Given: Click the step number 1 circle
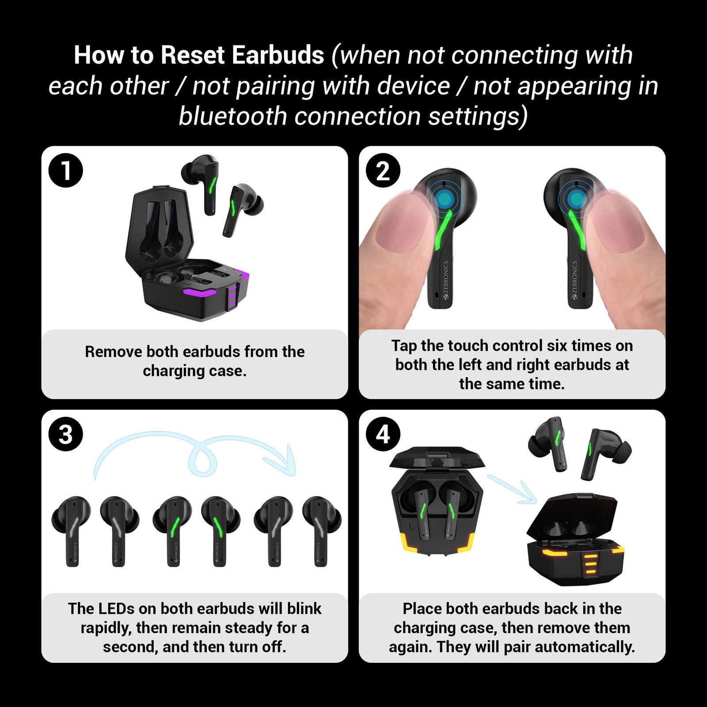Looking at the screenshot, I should pos(66,171).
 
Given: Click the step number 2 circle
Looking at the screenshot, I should pos(383,171).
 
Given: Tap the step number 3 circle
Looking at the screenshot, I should pos(66,434).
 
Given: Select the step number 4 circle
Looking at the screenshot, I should pos(383,434).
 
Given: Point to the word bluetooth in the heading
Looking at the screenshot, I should pos(233,116).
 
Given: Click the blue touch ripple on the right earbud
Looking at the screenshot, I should pos(575,199).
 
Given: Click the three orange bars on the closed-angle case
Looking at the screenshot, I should pos(589,565).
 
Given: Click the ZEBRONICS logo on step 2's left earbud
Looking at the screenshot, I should pos(446,280).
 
